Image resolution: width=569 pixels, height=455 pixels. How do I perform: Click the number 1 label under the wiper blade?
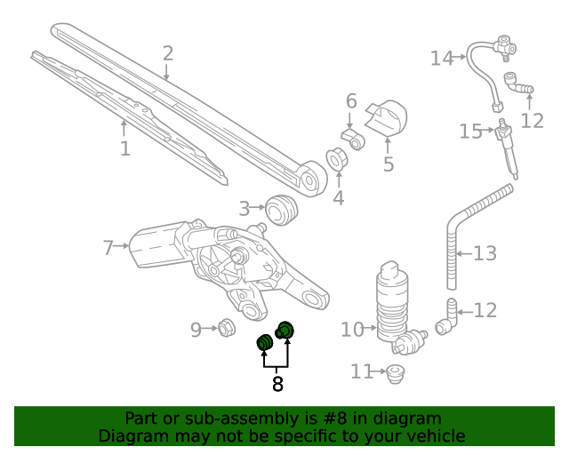click(x=125, y=148)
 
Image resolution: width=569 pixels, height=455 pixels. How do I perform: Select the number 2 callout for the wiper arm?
click(x=167, y=53)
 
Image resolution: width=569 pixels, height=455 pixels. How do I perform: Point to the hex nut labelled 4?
click(x=338, y=161)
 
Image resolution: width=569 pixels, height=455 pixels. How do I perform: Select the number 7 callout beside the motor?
click(x=108, y=248)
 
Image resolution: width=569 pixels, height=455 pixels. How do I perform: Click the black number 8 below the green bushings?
click(x=277, y=384)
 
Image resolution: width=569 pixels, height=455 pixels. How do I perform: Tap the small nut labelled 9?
click(x=226, y=329)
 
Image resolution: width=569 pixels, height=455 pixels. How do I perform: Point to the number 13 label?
click(x=485, y=254)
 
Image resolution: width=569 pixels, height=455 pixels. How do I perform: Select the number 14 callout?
click(x=442, y=59)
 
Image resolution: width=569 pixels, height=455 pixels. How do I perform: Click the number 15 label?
click(x=470, y=132)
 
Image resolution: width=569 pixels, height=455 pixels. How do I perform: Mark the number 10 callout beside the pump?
click(x=352, y=330)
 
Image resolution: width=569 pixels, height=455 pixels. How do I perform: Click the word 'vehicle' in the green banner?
click(x=435, y=436)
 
